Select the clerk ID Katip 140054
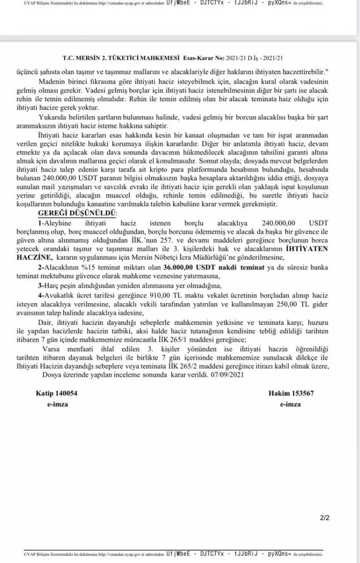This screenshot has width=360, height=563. tap(57, 393)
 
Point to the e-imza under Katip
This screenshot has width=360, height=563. tap(57, 404)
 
